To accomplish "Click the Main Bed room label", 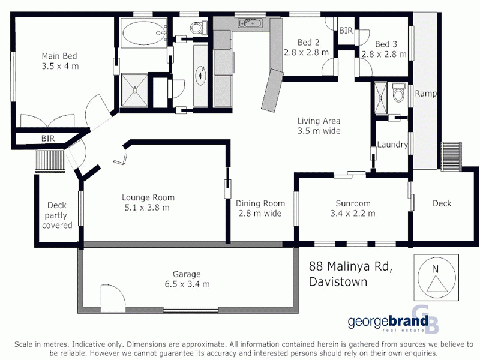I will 60,56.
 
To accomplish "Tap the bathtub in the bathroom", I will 144,34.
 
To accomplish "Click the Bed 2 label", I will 307,43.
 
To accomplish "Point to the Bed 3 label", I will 386,44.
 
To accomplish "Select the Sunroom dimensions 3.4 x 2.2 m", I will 353,213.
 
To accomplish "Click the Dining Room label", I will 260,203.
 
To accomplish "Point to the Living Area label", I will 319,121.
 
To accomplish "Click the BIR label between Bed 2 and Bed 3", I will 346,30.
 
